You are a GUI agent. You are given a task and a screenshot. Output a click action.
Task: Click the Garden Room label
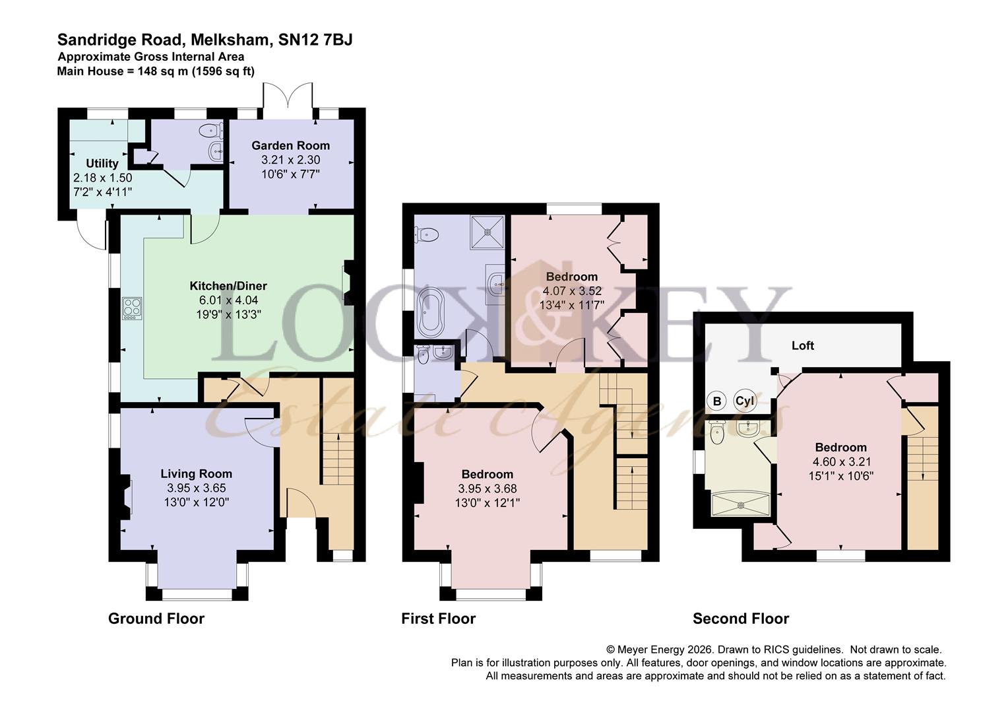tap(291, 145)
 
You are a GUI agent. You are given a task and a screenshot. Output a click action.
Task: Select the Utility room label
tap(102, 163)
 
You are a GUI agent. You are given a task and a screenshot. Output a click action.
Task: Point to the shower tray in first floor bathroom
tap(488, 232)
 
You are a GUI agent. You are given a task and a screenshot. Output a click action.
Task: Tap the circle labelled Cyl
tap(744, 401)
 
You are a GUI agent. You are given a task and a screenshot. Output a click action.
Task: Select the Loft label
tap(803, 345)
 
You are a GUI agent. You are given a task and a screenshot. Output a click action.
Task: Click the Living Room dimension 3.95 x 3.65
tap(196, 488)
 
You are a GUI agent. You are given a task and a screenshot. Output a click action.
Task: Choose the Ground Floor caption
tap(156, 619)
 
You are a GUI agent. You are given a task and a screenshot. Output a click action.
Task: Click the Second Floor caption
tap(740, 619)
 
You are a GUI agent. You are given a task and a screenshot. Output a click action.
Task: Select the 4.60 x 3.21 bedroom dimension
tap(840, 461)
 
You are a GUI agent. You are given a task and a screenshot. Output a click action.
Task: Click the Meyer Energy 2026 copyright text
tap(666, 650)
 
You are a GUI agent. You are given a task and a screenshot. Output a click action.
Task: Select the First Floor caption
tap(439, 619)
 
